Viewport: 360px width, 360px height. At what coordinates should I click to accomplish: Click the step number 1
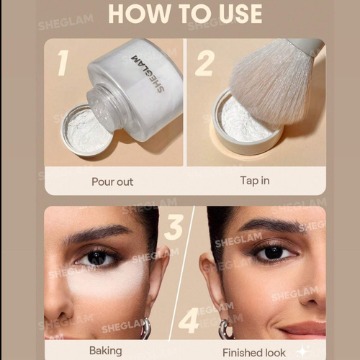(63, 63)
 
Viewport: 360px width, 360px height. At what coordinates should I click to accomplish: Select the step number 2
(204, 63)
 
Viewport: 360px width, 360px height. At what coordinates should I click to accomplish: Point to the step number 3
(175, 227)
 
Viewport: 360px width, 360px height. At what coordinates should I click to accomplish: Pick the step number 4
(189, 321)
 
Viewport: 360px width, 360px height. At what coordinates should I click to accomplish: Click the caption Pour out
(112, 181)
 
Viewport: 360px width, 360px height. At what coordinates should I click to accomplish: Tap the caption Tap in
(255, 181)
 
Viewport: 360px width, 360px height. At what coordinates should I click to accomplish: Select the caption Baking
(106, 351)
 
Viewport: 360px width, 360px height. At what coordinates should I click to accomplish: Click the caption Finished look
(254, 353)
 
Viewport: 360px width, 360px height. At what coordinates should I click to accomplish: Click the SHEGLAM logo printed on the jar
(148, 73)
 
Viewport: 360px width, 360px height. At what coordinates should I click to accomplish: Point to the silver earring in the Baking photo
(145, 328)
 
